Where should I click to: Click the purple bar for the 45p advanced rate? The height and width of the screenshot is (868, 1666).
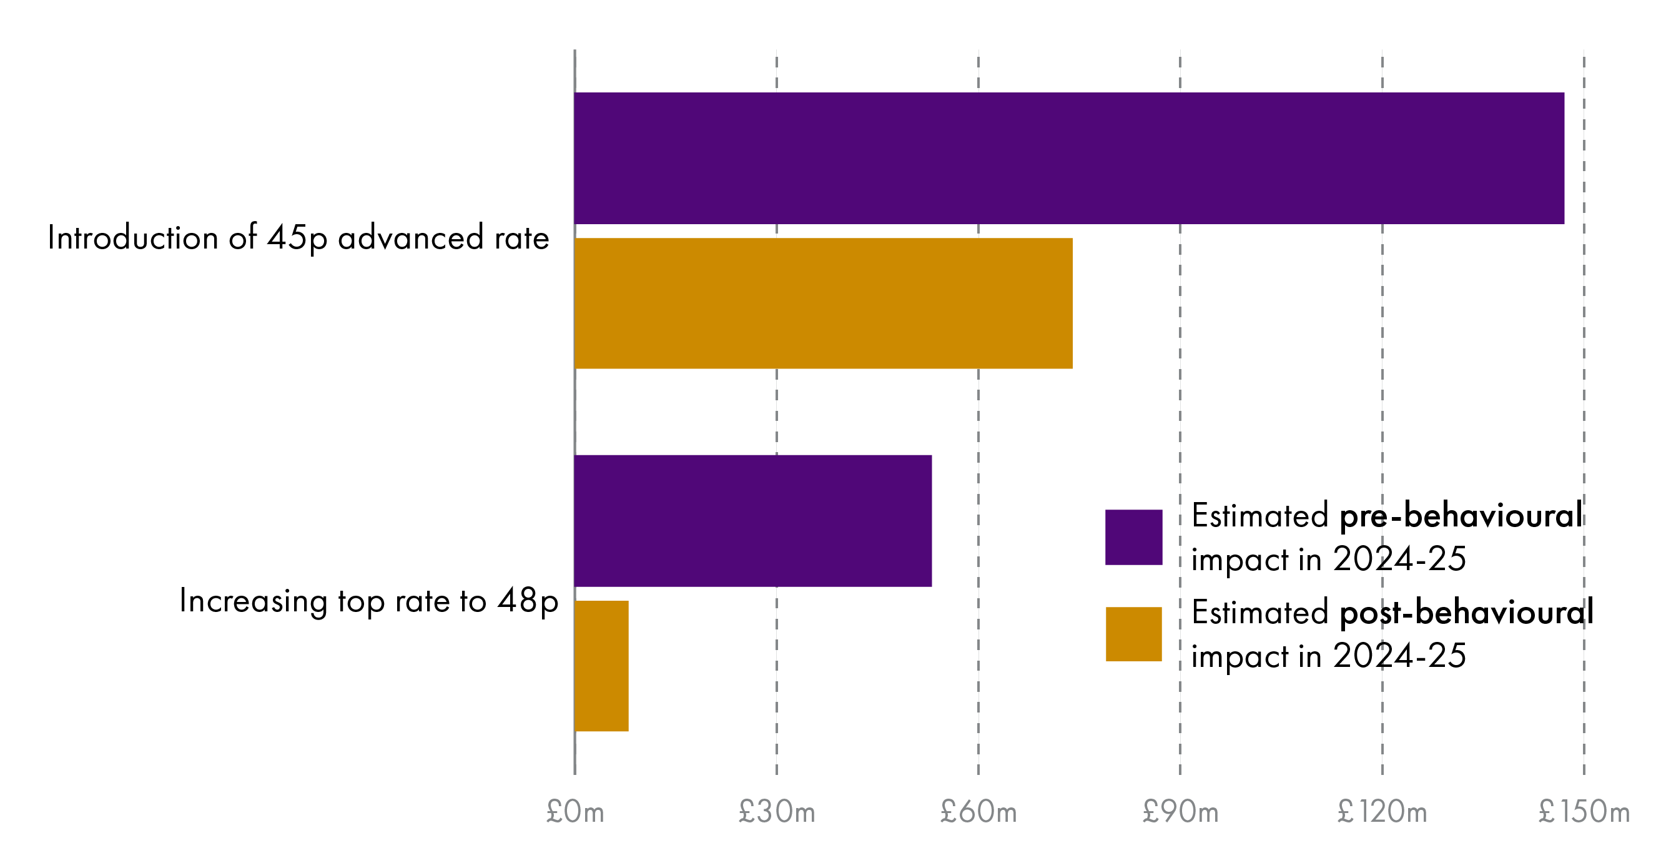point(1068,159)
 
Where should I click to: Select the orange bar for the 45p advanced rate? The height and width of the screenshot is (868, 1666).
point(822,303)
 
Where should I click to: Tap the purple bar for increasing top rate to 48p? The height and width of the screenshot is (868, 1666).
point(753,521)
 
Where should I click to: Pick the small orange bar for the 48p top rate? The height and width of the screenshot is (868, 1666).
point(601,666)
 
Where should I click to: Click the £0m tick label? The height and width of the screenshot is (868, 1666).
point(575,812)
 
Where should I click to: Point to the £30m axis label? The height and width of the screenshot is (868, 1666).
point(777,812)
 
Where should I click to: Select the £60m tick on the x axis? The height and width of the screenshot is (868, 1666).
point(978,812)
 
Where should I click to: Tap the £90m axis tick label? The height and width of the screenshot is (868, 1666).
point(1180,812)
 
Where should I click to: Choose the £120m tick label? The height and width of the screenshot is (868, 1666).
point(1382,812)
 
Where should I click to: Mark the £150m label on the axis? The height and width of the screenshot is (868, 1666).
point(1584,812)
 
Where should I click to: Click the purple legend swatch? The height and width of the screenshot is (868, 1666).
point(1134,538)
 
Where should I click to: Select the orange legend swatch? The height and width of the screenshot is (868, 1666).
point(1134,634)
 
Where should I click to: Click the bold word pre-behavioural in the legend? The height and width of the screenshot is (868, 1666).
point(1461,517)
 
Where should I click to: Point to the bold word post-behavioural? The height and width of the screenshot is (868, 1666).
point(1466,613)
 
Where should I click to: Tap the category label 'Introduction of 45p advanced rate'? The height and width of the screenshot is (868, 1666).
point(298,238)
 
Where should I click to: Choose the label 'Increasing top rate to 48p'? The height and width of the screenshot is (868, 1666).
point(368,601)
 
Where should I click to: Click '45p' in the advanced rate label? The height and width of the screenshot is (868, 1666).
point(297,238)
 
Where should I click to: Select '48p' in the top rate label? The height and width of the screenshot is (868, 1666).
point(528,601)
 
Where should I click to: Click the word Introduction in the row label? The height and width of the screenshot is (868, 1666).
point(132,238)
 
